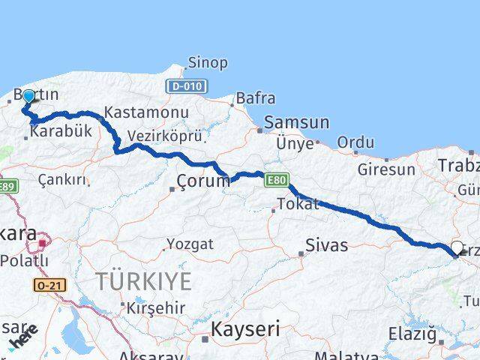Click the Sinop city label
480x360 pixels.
click(208, 63)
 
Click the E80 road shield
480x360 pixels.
click(275, 180)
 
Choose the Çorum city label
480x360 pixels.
click(203, 181)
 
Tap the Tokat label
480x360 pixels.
click(298, 204)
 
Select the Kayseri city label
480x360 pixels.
click(245, 328)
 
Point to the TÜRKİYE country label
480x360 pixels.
click(143, 282)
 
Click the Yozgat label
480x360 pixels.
click(190, 244)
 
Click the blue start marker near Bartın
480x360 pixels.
click(28, 97)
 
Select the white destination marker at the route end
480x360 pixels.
click(457, 247)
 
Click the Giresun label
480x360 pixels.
click(386, 169)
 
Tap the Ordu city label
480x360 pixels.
click(355, 142)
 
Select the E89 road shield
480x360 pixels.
click(7, 186)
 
